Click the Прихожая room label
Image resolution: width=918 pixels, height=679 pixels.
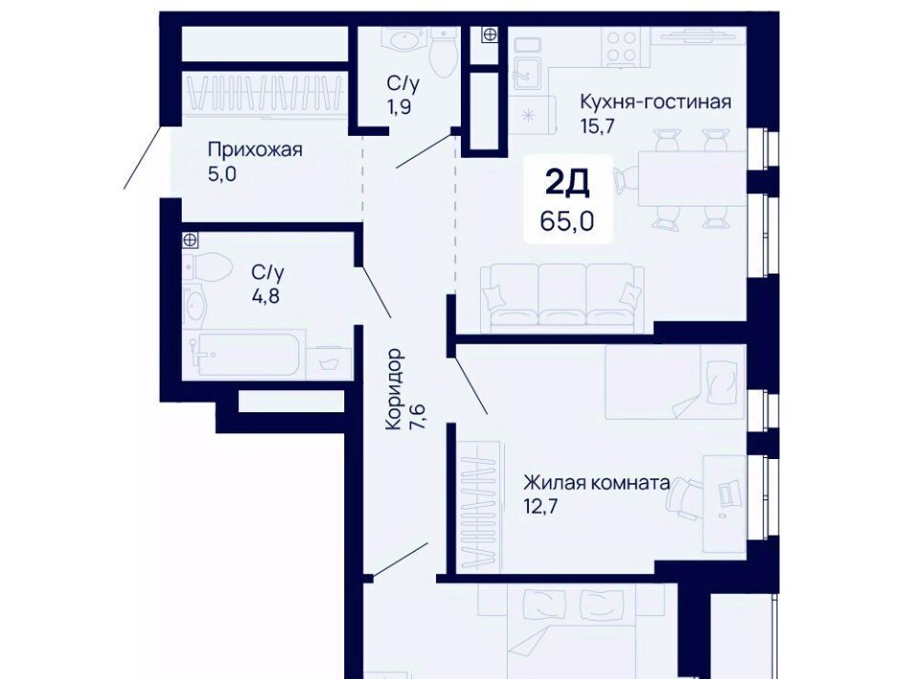pos(255,150)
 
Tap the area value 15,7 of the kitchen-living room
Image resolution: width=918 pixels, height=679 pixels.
pos(597,126)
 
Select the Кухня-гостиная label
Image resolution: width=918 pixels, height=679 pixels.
pos(656,101)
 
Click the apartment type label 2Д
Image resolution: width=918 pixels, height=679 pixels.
pos(567,184)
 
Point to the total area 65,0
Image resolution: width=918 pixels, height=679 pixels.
pos(567,221)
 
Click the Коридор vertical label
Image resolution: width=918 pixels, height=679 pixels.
pos(396,389)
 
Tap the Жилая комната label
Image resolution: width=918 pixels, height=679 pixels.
pos(597,483)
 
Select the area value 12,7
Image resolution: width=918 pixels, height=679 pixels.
pos(540,506)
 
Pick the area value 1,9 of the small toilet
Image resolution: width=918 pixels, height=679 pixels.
pos(398,108)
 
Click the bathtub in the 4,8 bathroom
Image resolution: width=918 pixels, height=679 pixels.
pos(244,354)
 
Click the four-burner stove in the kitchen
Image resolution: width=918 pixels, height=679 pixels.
pos(622,46)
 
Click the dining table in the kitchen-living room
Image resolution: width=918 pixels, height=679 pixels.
pos(691,178)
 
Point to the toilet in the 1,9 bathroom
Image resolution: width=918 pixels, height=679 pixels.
pos(443,52)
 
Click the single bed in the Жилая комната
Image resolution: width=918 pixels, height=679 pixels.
pos(676,382)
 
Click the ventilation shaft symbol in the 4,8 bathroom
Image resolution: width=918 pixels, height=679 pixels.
pos(189,239)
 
